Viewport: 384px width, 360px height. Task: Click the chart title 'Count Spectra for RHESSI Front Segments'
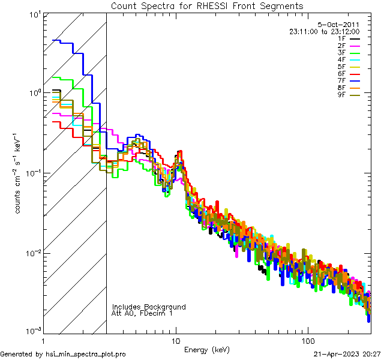[x=207, y=5]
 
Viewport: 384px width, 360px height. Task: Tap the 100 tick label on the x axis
[x=307, y=340]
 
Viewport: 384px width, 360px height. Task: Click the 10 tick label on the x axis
[x=175, y=340]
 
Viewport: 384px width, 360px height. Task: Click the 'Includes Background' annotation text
[x=149, y=307]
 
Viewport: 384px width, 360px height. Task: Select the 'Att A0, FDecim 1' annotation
[x=142, y=313]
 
